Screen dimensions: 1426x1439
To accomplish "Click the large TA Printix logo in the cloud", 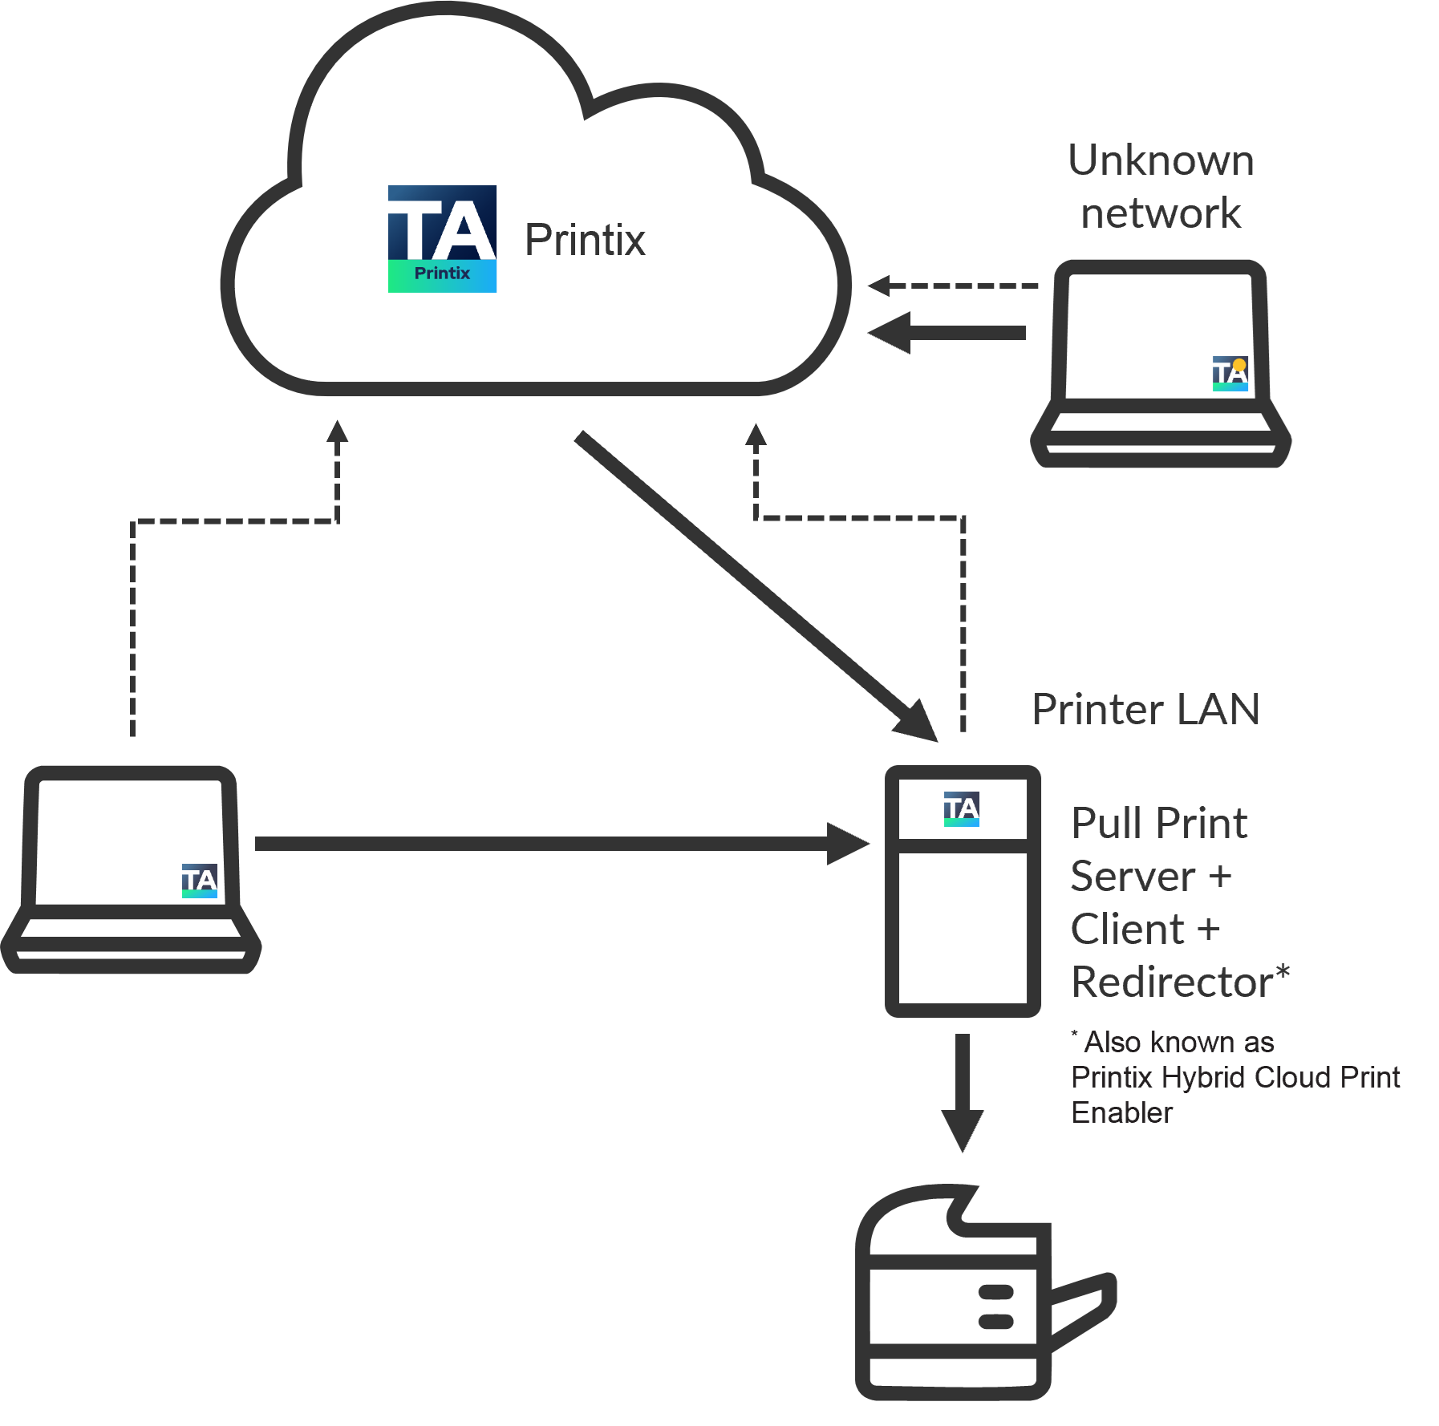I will click(x=442, y=239).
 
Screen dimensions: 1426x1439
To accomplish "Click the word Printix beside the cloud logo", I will click(x=585, y=240).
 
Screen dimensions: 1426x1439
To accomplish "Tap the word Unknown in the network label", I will click(x=1161, y=160).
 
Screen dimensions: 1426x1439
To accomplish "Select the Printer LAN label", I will click(x=1145, y=710).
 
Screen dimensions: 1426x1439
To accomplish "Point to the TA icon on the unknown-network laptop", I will click(x=1230, y=374).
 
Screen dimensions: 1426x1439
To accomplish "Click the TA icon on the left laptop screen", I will click(x=199, y=881).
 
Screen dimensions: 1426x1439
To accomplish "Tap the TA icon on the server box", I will click(x=961, y=808).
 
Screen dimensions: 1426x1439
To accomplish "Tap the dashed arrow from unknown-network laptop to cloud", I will click(x=955, y=286).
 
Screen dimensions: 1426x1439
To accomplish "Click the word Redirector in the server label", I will click(x=1172, y=982).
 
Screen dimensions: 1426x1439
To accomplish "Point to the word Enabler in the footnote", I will click(x=1121, y=1113).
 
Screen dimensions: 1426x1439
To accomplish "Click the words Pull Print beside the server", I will click(x=1159, y=824).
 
